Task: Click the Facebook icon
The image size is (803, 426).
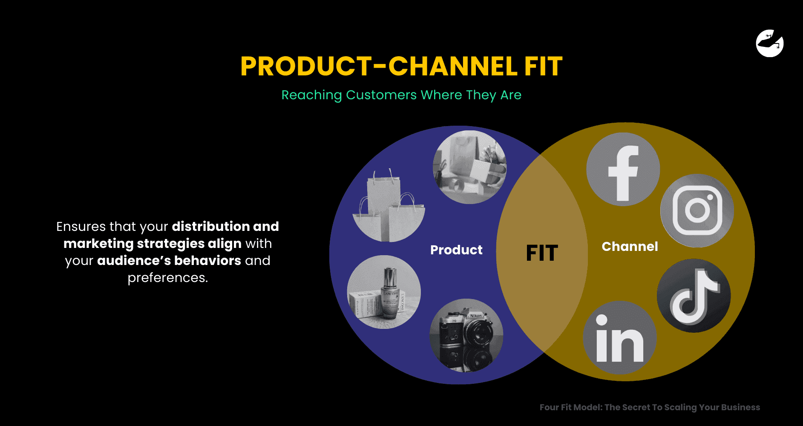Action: coord(623,170)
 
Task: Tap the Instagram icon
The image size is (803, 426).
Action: coord(697,210)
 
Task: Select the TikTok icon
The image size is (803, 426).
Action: coord(694,296)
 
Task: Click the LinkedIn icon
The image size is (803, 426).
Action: coord(619,338)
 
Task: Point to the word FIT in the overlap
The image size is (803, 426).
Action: coord(542,253)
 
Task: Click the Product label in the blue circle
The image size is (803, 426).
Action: coord(456,250)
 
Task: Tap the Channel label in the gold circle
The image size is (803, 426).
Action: coord(630,247)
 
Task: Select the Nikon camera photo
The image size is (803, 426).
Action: coord(466,335)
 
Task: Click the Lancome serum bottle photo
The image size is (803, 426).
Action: coord(384,292)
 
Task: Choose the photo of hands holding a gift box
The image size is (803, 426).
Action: coord(469,167)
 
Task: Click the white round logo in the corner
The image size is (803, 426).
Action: coord(770,43)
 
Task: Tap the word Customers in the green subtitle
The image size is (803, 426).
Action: coord(381,95)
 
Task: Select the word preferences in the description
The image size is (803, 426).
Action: coord(168,278)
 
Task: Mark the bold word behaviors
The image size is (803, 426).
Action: coord(207,261)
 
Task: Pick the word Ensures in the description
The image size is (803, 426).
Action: coord(81,226)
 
